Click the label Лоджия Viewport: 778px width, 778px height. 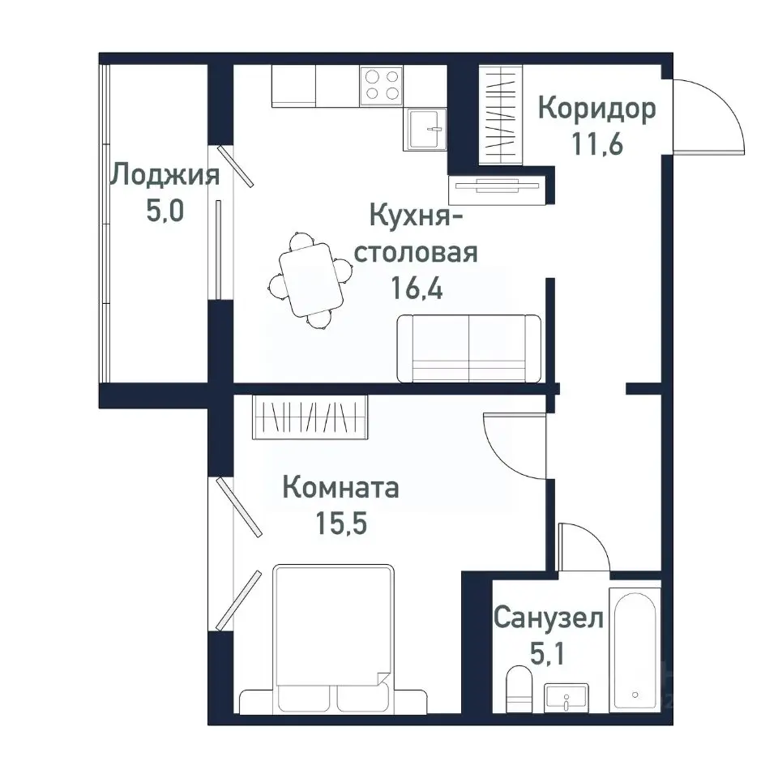[x=165, y=175]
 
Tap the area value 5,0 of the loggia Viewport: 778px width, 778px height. [x=165, y=212]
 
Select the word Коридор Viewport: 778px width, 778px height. [x=596, y=109]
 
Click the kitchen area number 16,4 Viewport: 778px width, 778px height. [x=417, y=289]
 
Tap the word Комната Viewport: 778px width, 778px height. [x=340, y=488]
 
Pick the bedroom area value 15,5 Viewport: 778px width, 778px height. [x=340, y=524]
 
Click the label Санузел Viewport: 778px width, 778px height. [x=549, y=619]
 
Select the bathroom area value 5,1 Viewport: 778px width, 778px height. [x=549, y=655]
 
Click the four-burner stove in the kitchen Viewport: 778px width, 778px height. [x=383, y=85]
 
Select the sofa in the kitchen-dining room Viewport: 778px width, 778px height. [x=468, y=348]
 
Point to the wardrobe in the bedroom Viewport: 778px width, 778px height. [x=310, y=417]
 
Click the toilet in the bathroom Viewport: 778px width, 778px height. [x=516, y=689]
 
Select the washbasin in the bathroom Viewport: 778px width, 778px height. [x=566, y=696]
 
